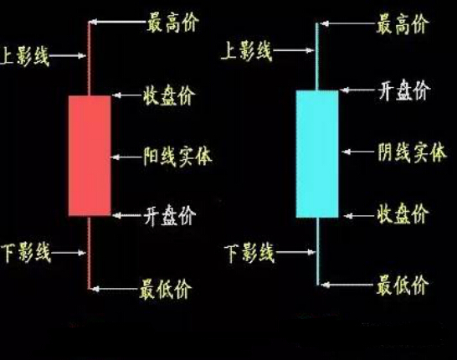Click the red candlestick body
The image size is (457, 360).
pos(90,156)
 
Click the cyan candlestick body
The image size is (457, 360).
pos(317,154)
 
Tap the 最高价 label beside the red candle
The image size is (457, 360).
pos(172,23)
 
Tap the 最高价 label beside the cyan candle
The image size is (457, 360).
pos(403,24)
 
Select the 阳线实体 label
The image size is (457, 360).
pos(177,157)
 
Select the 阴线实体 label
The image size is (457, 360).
pos(412,152)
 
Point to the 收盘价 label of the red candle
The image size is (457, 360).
pos(169,95)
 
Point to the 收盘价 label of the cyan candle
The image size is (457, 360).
pos(403,213)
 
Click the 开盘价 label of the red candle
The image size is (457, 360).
pos(170,215)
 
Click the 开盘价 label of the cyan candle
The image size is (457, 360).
pos(404,90)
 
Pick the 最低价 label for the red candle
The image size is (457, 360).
pos(166,289)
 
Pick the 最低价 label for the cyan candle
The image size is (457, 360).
pos(403,285)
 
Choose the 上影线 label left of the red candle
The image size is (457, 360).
pos(24,55)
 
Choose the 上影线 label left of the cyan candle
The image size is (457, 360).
pos(247,51)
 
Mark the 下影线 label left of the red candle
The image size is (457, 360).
pos(26,253)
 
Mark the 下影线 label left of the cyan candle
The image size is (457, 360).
pos(249,253)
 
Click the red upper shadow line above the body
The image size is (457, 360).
pos(89,59)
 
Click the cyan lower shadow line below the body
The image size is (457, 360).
pos(318,251)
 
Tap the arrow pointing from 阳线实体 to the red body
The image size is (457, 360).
pos(126,157)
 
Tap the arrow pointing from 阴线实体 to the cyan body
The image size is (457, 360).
pos(358,152)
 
